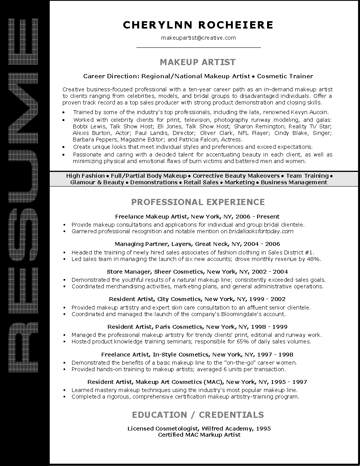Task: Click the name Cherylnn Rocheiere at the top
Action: pos(198,25)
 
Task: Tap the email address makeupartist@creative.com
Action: pos(198,38)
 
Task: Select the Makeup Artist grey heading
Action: pos(197,62)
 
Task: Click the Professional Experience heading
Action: pos(198,202)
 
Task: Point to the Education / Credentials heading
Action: pos(198,415)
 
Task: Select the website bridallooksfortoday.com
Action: pos(261,231)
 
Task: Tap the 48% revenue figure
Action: pos(313,259)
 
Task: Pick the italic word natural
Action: pos(187,280)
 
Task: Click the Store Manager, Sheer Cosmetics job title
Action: pos(197,272)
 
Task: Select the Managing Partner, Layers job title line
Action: pos(197,244)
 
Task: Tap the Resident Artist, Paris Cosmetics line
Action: pos(197,327)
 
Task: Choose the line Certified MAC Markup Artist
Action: pos(199,435)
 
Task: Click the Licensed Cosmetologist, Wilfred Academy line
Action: pos(199,429)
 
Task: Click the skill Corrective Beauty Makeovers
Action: pos(236,176)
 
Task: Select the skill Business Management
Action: pos(294,182)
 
